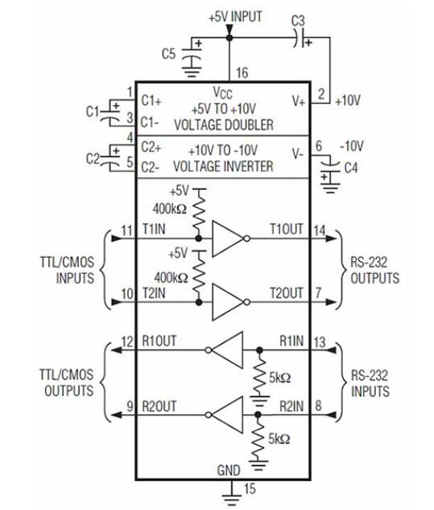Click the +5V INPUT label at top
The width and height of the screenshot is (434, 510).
pos(235,17)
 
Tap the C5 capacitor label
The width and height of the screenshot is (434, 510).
pos(169,54)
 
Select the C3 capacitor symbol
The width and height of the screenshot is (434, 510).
pos(303,38)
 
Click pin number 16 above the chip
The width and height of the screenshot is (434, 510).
pos(242,73)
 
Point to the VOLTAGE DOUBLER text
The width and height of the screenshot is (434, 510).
pos(224,125)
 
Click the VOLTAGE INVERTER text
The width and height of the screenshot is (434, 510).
pos(223,167)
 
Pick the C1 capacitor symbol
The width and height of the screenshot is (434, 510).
pos(111,112)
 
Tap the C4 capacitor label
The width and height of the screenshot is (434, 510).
pos(351,168)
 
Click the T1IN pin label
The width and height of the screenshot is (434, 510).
pos(154,229)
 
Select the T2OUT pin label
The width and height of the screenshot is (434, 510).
pos(287,293)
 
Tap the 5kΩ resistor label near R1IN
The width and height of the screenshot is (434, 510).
pos(279,378)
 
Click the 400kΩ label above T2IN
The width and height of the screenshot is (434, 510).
pos(171,278)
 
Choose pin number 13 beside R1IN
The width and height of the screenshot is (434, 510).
pos(320,342)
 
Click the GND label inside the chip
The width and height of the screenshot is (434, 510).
pos(229,471)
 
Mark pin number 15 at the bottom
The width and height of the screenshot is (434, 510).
pos(250,488)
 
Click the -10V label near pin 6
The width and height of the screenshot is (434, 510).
pos(351,146)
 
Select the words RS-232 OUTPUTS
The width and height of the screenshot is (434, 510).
pos(374,270)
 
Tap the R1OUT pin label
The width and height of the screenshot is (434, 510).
pos(159,341)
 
